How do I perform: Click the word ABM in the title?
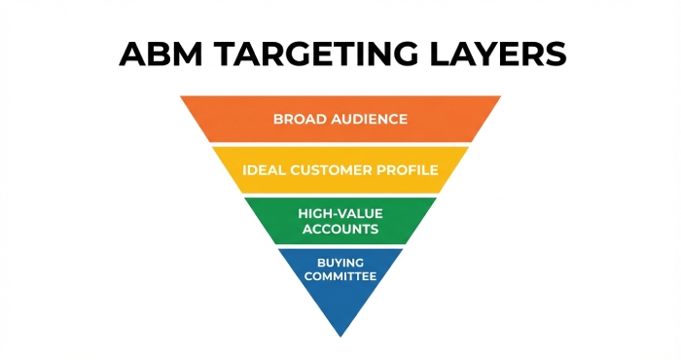[157, 54]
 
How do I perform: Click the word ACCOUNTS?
[340, 230]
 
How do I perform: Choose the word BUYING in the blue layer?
[340, 263]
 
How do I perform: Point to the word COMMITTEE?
[340, 277]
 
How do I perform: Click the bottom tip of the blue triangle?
[340, 336]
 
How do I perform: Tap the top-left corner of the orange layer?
[182, 96]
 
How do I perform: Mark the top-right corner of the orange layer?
[500, 96]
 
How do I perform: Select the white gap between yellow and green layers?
[340, 196]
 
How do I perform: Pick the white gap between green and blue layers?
[340, 246]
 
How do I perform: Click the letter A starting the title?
[133, 54]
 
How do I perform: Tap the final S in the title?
[554, 54]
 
